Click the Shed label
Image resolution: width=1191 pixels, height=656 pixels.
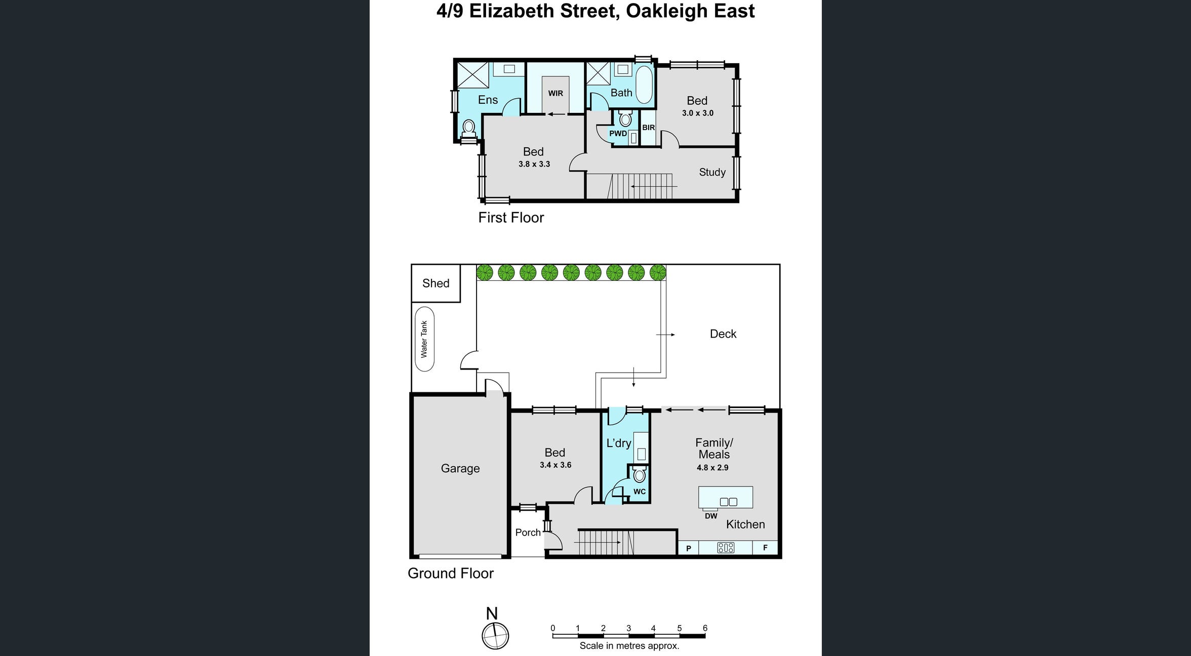coord(435,283)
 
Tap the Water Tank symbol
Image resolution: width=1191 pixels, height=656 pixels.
coord(424,339)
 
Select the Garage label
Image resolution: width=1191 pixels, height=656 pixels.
coord(460,469)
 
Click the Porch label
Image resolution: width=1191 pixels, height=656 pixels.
coord(528,532)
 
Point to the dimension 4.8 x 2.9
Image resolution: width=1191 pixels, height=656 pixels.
coord(712,468)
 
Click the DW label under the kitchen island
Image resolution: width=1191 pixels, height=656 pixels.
coord(711,516)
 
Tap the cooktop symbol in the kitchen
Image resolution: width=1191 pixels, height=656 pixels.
coord(725,548)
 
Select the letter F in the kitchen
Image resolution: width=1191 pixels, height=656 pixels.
coord(765,548)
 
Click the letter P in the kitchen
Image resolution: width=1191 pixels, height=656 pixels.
coord(688,548)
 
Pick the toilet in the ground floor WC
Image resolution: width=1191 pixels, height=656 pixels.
coord(640,475)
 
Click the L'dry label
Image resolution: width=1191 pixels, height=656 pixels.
coord(619,443)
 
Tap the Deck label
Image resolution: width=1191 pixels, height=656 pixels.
coord(723,334)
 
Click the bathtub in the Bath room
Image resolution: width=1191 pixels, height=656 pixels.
coord(644,85)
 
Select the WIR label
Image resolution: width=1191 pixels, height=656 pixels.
coord(555,94)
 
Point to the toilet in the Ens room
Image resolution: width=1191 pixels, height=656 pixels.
coord(469,128)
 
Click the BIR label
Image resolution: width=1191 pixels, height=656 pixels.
coord(648,128)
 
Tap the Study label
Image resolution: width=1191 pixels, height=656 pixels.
coord(712,173)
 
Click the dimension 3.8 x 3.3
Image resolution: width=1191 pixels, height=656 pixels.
coord(534,165)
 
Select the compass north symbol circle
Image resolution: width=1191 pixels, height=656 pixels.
coord(495,636)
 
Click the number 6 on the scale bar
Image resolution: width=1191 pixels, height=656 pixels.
coord(705,628)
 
